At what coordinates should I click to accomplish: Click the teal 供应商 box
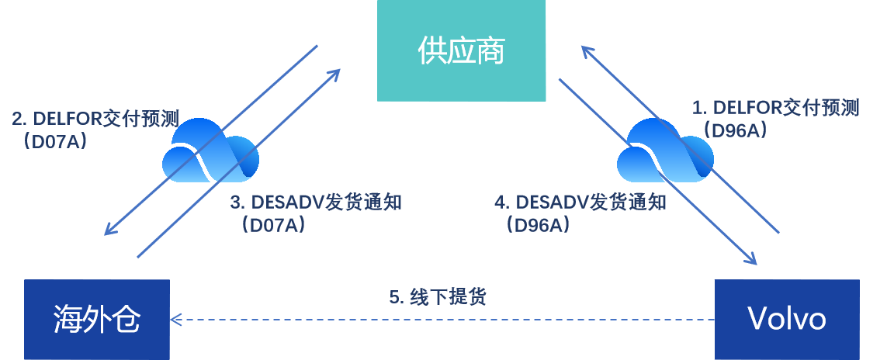[x=461, y=51]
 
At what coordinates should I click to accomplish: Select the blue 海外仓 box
[x=97, y=319]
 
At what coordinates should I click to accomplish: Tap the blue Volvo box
[x=786, y=319]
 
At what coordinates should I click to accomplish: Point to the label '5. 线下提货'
[x=438, y=297]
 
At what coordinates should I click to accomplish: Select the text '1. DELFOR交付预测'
[x=775, y=108]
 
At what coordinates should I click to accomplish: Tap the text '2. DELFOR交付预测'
[x=95, y=119]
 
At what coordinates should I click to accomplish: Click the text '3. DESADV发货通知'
[x=316, y=203]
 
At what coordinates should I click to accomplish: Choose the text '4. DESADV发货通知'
[x=580, y=203]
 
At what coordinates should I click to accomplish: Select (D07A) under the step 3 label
[x=272, y=225]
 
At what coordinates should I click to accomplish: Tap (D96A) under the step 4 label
[x=536, y=225]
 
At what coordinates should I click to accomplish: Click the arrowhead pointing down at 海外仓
[x=109, y=230]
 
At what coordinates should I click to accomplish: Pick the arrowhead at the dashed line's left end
[x=176, y=319]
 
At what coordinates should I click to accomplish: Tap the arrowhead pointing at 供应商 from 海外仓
[x=335, y=73]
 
